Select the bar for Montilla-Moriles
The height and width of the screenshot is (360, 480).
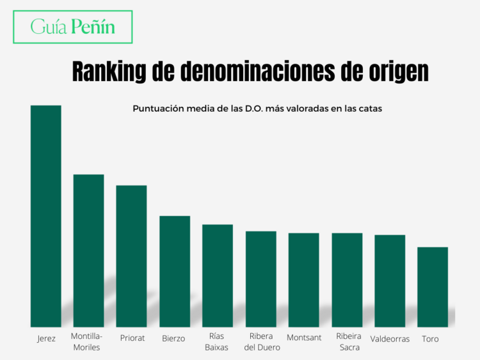click(88, 251)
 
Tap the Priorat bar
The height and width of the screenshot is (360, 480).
click(131, 256)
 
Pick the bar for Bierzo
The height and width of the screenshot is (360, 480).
click(175, 271)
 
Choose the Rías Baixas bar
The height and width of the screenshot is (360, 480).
click(218, 276)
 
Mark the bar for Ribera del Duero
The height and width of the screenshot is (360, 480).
click(261, 279)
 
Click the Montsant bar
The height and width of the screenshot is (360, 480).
click(304, 280)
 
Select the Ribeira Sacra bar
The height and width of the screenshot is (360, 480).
click(347, 280)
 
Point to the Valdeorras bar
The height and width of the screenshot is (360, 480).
click(390, 281)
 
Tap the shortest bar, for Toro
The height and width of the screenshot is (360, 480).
click(433, 287)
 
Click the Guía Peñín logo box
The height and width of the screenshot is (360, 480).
click(73, 27)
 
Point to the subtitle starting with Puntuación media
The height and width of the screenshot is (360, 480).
click(257, 109)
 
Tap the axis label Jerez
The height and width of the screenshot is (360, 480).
click(46, 338)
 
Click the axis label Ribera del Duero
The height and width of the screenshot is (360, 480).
click(261, 342)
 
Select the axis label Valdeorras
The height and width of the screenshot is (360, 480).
click(390, 339)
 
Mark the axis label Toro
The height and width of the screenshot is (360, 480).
click(430, 339)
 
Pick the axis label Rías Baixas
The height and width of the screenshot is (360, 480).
click(216, 342)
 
